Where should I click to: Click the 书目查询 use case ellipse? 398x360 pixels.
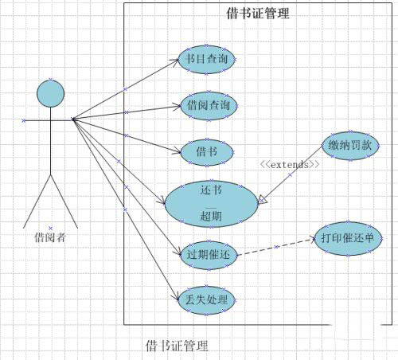(207, 60)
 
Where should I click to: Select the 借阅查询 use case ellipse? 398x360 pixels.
(209, 106)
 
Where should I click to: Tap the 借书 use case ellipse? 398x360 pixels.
(207, 152)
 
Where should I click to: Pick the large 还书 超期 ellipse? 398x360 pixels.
(211, 204)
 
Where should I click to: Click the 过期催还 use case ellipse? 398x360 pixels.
(209, 256)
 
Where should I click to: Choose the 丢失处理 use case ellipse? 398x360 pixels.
(207, 300)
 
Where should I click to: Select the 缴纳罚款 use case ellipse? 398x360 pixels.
(350, 146)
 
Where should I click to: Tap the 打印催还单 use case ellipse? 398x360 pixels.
(348, 239)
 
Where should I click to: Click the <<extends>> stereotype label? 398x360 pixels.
(290, 165)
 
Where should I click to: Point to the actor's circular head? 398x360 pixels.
(50, 94)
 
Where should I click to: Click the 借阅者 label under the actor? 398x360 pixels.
(50, 237)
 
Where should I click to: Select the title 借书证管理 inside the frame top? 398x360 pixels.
(258, 14)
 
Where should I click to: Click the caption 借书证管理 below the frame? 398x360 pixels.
(177, 346)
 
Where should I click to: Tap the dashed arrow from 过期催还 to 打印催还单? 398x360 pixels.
(275, 247)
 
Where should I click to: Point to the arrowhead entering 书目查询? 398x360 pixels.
(176, 61)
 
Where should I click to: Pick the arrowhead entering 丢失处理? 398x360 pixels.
(176, 297)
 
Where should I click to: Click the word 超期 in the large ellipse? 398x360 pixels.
(211, 216)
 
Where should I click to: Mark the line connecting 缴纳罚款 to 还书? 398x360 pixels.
(291, 174)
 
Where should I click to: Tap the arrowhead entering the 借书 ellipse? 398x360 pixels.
(178, 151)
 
